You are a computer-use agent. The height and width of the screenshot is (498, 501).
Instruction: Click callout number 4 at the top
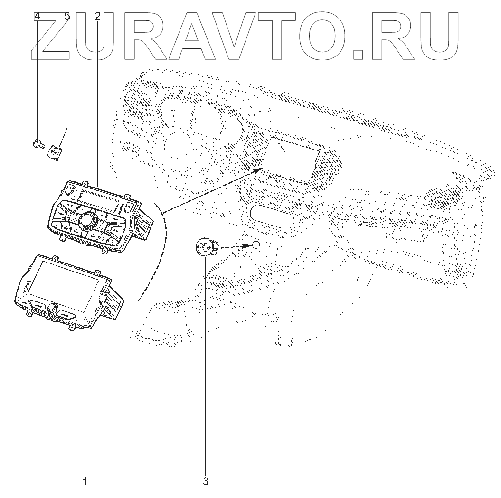[37, 16]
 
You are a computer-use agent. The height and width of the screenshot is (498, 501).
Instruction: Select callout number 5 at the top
[67, 16]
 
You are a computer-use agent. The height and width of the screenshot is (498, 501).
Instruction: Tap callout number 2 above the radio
[97, 16]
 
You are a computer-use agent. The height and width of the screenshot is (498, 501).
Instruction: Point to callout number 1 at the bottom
[85, 482]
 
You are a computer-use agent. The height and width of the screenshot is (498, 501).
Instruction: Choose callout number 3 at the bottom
[206, 482]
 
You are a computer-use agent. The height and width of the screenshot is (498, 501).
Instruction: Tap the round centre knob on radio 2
[87, 220]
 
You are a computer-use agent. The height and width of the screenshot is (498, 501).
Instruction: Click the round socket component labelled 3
[206, 246]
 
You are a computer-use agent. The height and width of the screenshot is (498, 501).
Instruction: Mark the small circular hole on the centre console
[255, 245]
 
